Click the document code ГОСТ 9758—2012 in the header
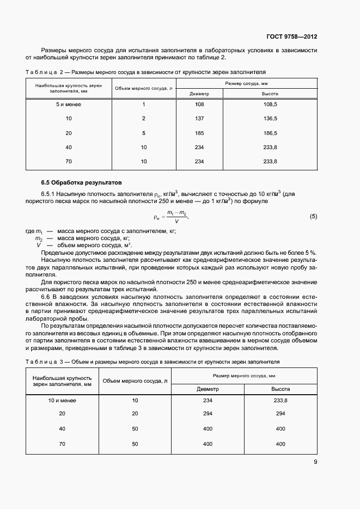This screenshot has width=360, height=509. click(x=292, y=37)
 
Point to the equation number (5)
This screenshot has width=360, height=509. click(x=313, y=216)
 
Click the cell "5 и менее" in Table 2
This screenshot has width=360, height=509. click(x=69, y=104)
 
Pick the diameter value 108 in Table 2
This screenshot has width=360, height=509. click(x=199, y=104)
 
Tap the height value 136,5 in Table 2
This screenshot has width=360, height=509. click(x=270, y=118)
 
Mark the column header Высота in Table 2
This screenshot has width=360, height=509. click(x=270, y=94)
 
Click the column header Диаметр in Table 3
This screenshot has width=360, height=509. click(x=208, y=389)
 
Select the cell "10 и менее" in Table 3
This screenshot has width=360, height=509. click(x=62, y=401)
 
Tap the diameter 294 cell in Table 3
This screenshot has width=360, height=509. click(x=208, y=414)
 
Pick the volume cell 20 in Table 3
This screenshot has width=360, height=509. click(x=135, y=414)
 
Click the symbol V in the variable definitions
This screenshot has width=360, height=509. click(x=39, y=245)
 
